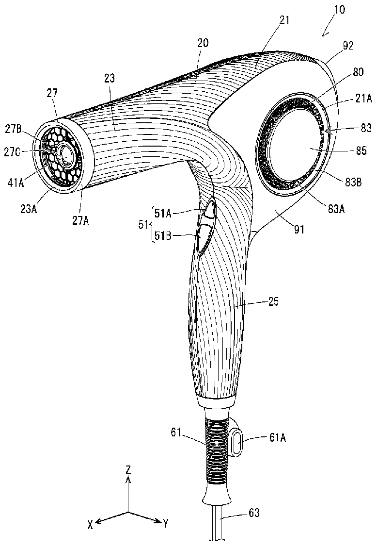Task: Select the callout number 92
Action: click(348, 47)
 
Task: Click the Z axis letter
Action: click(128, 470)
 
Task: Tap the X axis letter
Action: click(91, 524)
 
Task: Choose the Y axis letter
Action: click(166, 524)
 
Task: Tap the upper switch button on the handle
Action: click(208, 210)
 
